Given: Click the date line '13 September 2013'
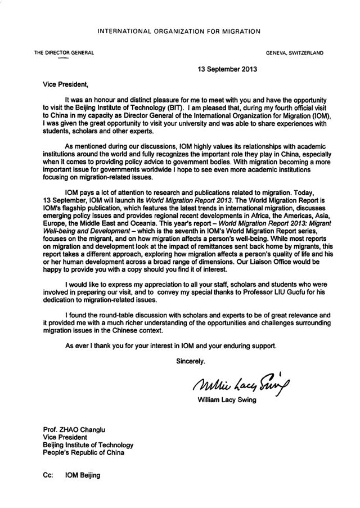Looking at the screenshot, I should tap(226, 72).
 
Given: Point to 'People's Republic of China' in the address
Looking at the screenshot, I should tap(83, 452).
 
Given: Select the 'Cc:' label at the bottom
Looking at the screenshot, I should tap(48, 475).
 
